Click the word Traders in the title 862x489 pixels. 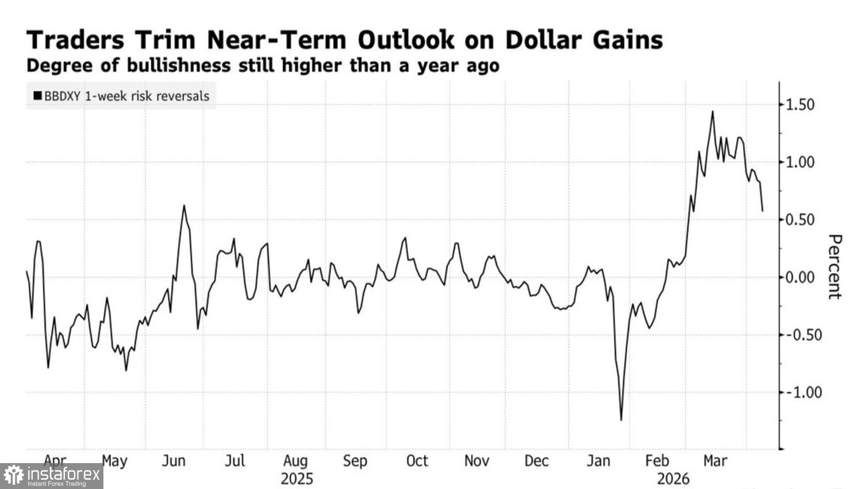point(75,40)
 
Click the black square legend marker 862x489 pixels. point(37,96)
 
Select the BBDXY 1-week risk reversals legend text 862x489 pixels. point(127,96)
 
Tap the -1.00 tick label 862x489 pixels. point(798,392)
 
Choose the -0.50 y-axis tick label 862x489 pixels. point(798,335)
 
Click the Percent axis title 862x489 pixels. point(834,267)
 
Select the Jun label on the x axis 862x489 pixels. point(174,461)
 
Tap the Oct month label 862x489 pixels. point(417,461)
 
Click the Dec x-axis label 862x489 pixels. point(536,461)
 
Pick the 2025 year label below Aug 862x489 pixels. point(297,479)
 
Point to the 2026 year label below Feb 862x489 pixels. point(673,479)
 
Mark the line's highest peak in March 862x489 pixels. point(713,112)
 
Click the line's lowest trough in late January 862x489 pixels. point(621,420)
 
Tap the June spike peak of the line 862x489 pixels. point(184,205)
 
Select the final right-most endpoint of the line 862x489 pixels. point(763,211)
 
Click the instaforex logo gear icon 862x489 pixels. point(14,476)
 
